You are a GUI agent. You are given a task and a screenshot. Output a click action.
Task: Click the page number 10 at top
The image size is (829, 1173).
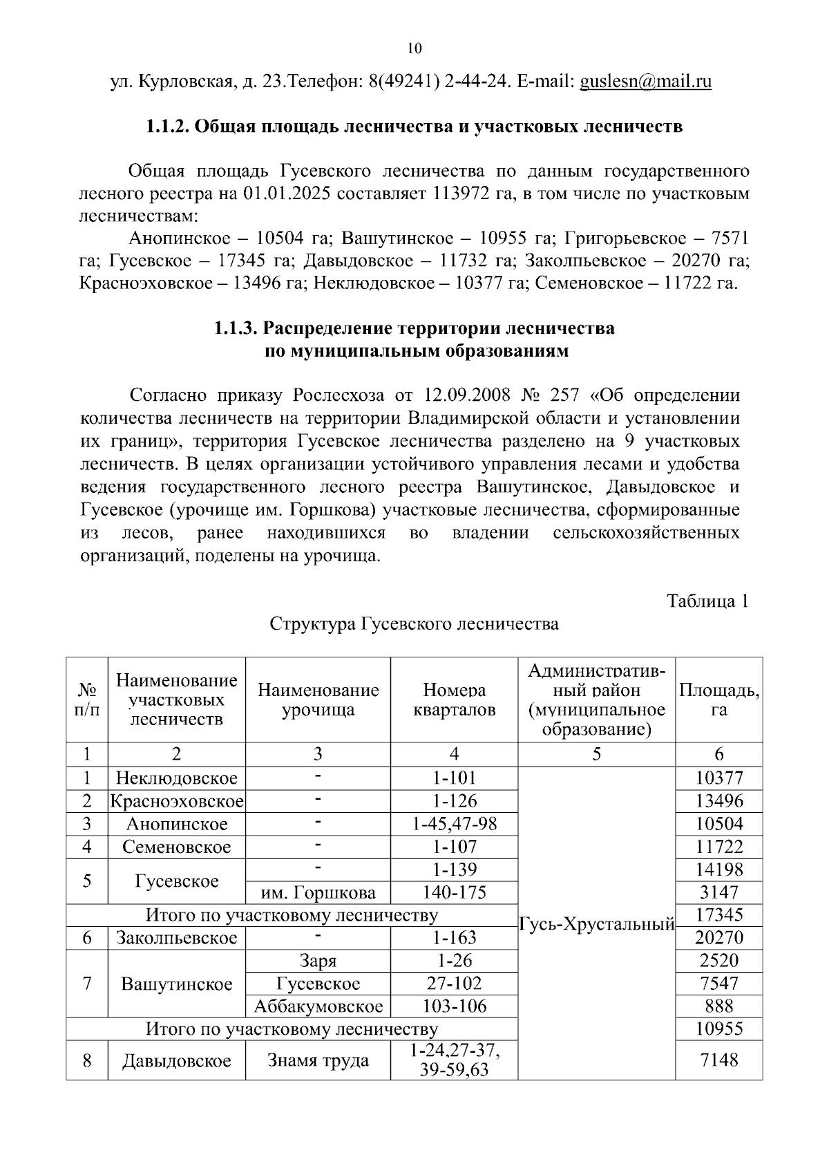[x=414, y=48]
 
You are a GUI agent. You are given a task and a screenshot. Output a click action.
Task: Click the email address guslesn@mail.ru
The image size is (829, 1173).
[x=645, y=82]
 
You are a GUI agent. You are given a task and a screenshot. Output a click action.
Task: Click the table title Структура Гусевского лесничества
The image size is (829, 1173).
[x=414, y=624]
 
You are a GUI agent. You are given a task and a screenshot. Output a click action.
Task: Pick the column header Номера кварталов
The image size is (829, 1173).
[x=454, y=700]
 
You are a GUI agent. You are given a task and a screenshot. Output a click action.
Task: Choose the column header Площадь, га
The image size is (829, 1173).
[x=718, y=700]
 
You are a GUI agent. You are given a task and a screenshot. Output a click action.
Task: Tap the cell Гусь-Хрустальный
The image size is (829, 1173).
[x=596, y=925]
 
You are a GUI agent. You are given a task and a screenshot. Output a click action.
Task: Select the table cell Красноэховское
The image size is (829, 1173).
[x=177, y=801]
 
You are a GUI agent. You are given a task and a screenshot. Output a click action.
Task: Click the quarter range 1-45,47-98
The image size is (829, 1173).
[x=454, y=824]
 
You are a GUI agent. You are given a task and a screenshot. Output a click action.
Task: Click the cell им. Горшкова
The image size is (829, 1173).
[x=318, y=892]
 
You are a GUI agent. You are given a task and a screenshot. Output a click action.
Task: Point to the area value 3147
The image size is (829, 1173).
[x=718, y=892]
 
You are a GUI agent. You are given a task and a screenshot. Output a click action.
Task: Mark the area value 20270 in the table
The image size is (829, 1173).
[x=718, y=938]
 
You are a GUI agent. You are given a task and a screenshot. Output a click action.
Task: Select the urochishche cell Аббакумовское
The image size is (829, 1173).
[x=318, y=1006]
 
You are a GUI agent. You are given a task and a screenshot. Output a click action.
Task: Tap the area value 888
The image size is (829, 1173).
[x=718, y=1006]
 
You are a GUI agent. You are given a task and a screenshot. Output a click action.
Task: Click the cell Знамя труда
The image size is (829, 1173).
[x=318, y=1060]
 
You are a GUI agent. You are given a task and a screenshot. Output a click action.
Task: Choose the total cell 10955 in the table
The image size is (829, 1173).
[x=718, y=1029]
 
